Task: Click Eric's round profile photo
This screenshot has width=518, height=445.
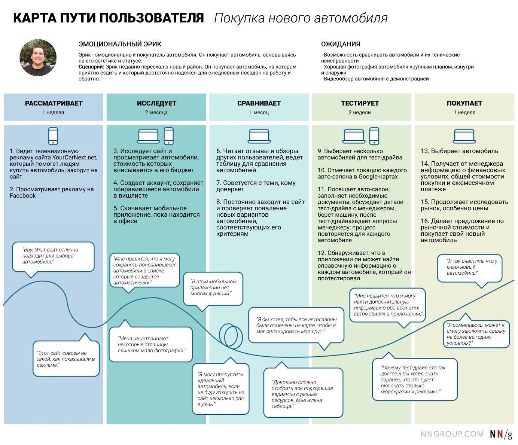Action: (x=38, y=58)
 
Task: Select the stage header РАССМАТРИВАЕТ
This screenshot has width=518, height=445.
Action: (x=54, y=103)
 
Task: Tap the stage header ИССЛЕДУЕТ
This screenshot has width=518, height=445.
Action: (x=156, y=103)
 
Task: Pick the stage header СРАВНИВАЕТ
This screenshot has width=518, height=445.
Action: (x=259, y=103)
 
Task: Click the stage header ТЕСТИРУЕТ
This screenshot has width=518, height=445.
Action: (x=360, y=103)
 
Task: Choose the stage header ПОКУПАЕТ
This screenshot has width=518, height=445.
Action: (x=464, y=103)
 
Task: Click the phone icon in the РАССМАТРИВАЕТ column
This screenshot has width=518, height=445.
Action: (x=53, y=136)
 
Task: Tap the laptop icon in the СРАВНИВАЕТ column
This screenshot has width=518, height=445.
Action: (x=259, y=136)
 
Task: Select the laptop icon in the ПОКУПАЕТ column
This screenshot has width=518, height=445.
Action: (x=464, y=136)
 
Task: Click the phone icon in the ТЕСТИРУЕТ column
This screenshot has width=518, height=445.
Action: (x=374, y=136)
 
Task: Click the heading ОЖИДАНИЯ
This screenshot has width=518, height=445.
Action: (x=341, y=44)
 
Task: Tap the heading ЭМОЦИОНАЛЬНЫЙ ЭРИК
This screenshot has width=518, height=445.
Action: (x=120, y=44)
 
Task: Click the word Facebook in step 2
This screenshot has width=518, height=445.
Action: (x=23, y=196)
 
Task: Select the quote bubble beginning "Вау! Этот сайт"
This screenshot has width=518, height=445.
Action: (x=53, y=256)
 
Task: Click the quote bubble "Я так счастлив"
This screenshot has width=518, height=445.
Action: (x=470, y=267)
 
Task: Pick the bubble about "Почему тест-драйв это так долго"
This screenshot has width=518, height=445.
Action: (x=415, y=380)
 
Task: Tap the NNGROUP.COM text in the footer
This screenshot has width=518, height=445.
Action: (x=452, y=434)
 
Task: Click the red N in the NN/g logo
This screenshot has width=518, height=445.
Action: (x=500, y=434)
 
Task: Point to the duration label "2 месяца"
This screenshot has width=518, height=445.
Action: (x=156, y=112)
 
